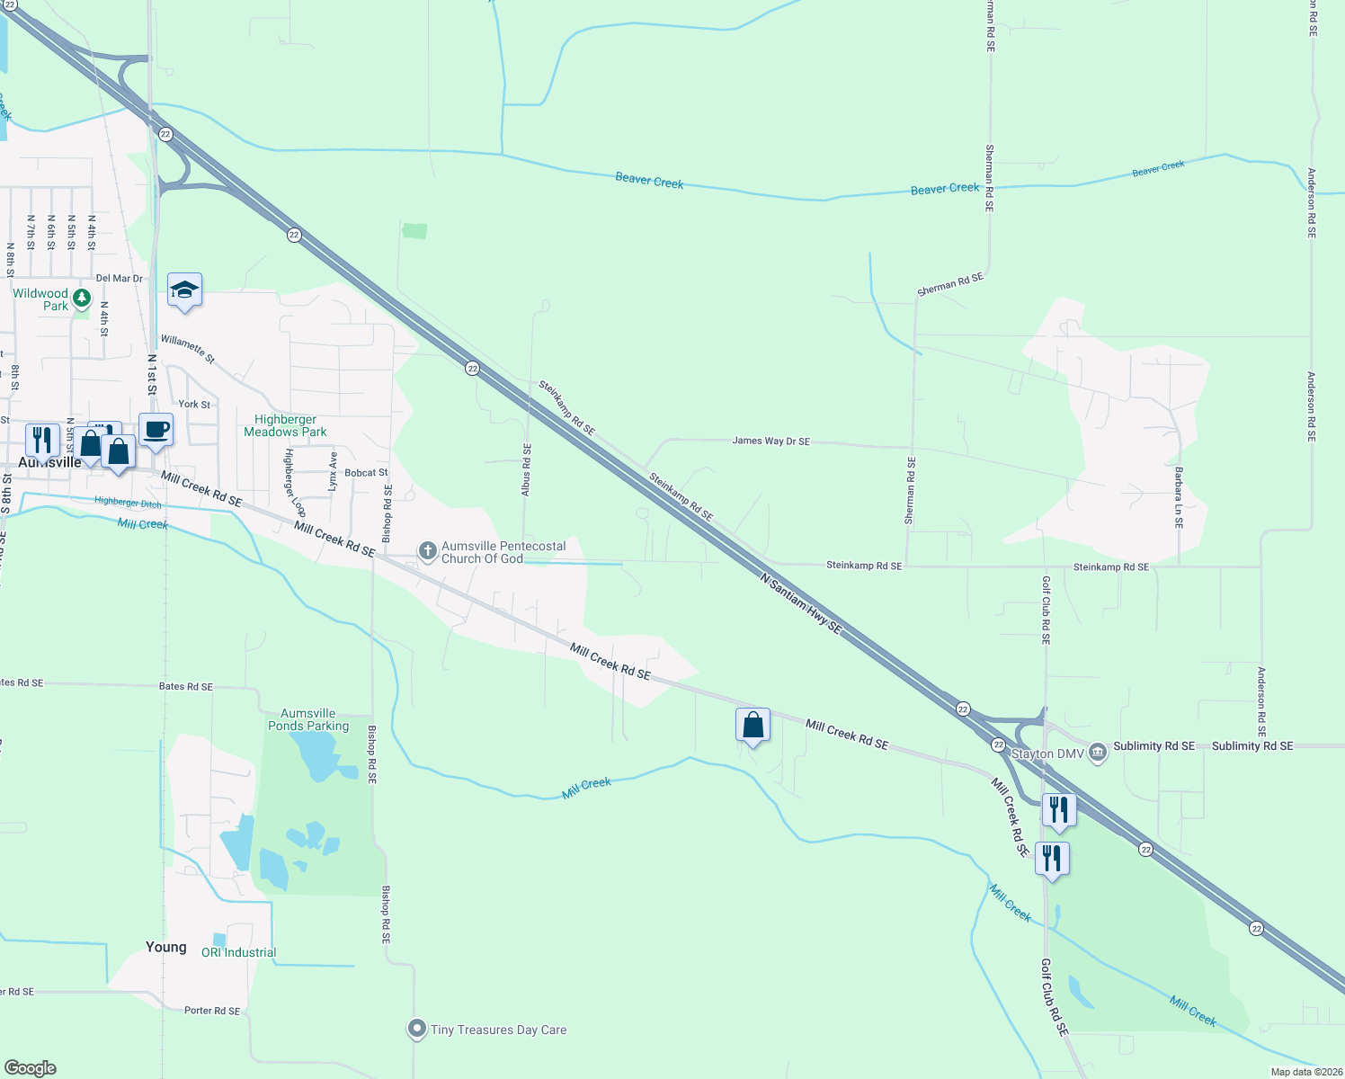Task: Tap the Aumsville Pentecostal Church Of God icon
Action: pyautogui.click(x=428, y=549)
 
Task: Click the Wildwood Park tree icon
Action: pyautogui.click(x=82, y=297)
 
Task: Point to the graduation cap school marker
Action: pyautogui.click(x=184, y=290)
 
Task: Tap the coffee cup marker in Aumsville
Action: pyautogui.click(x=156, y=430)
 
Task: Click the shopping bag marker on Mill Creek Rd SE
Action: pyautogui.click(x=753, y=725)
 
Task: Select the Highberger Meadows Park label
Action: pyautogui.click(x=286, y=425)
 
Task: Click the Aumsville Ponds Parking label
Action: pyautogui.click(x=308, y=719)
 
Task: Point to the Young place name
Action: pyautogui.click(x=166, y=947)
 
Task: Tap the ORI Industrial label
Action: pyautogui.click(x=238, y=952)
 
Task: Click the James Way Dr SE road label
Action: pyautogui.click(x=770, y=441)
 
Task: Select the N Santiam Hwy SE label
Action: pyautogui.click(x=800, y=603)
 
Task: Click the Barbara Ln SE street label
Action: pyautogui.click(x=1178, y=496)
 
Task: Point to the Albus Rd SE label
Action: pyautogui.click(x=527, y=469)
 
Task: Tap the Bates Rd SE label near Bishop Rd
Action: pyautogui.click(x=186, y=686)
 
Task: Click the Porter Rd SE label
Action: pyautogui.click(x=212, y=1011)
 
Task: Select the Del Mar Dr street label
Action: pyautogui.click(x=120, y=279)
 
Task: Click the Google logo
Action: pyautogui.click(x=31, y=1067)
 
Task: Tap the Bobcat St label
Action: pyautogui.click(x=367, y=472)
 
